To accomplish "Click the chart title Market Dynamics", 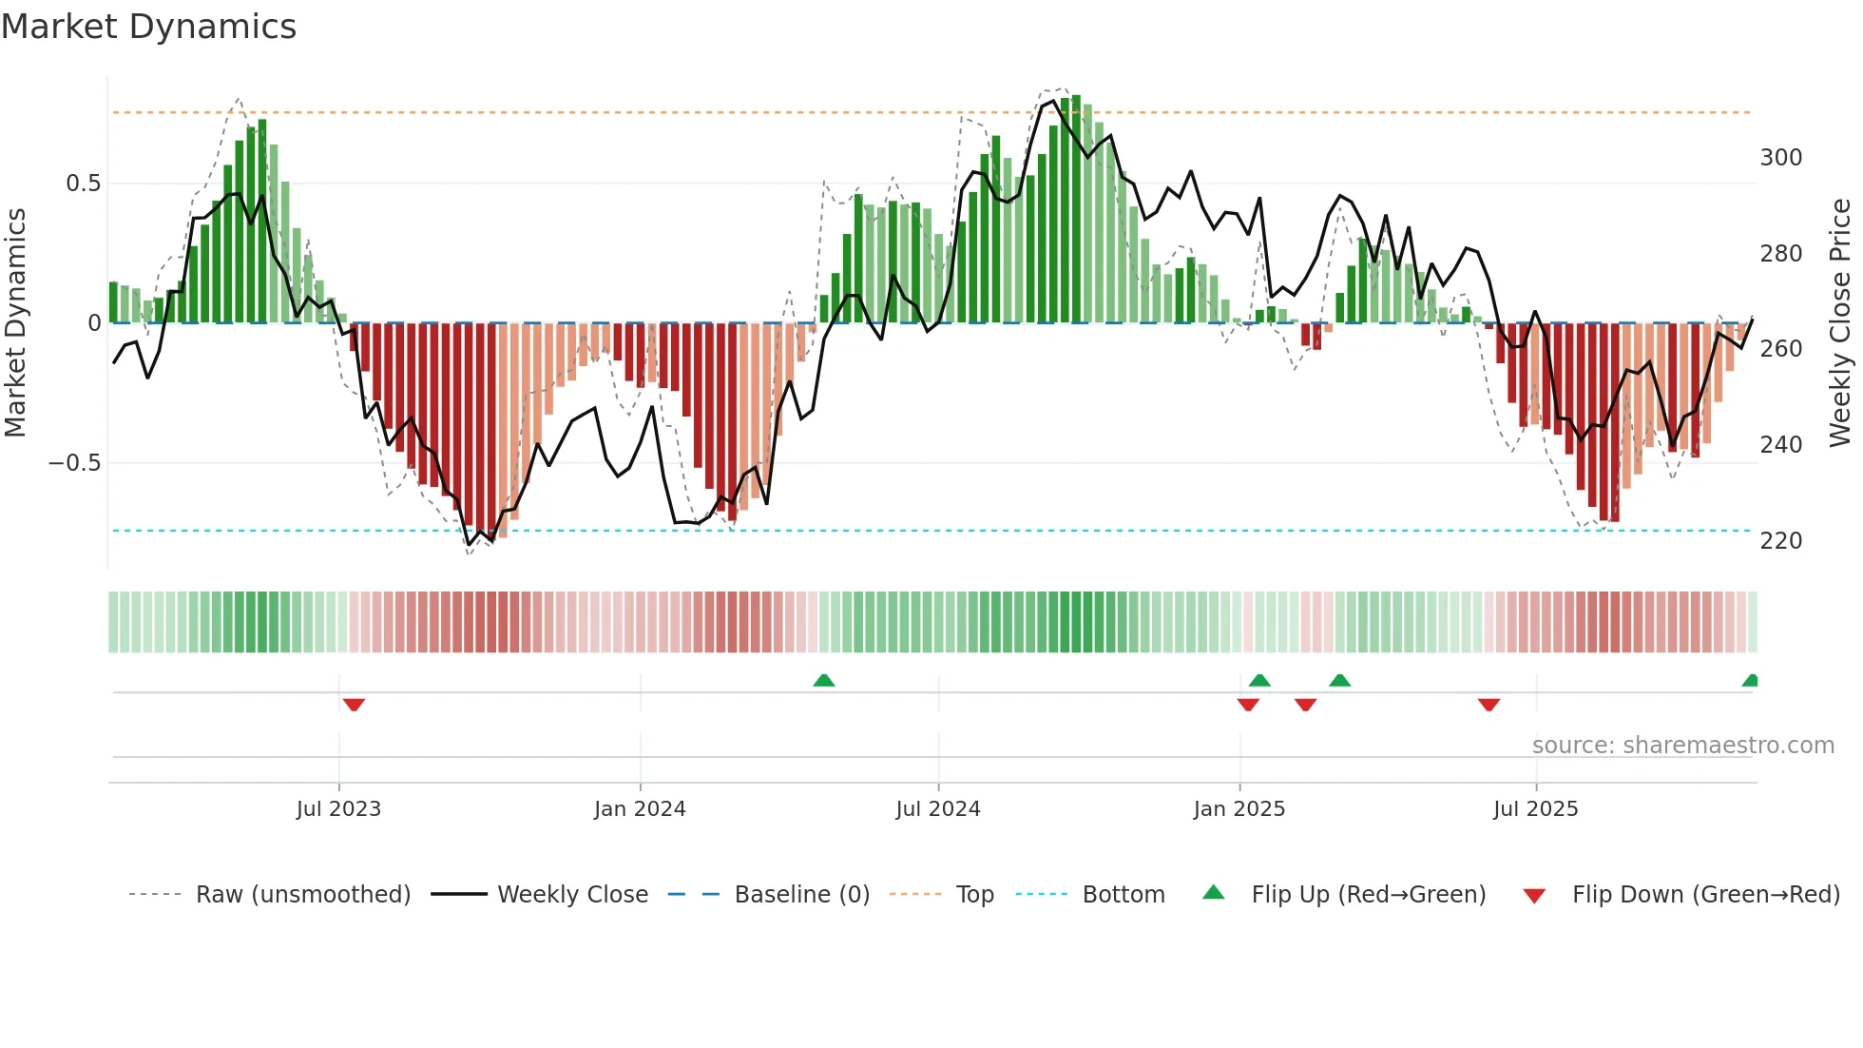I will (149, 27).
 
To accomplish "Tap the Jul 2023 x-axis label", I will (338, 809).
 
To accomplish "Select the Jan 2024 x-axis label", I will (640, 809).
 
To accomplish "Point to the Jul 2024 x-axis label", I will (938, 809).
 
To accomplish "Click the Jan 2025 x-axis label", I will (1239, 809).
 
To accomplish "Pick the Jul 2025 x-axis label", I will (1536, 809).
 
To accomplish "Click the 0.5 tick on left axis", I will (83, 184).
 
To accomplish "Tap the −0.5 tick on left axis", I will (74, 463).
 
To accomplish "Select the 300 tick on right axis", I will (1780, 158).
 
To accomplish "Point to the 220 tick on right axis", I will (1780, 541).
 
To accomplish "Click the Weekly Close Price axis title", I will (1841, 323).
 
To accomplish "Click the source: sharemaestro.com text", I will (1682, 746).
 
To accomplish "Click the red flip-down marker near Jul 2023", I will (354, 705).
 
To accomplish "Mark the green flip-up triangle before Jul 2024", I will (824, 680).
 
